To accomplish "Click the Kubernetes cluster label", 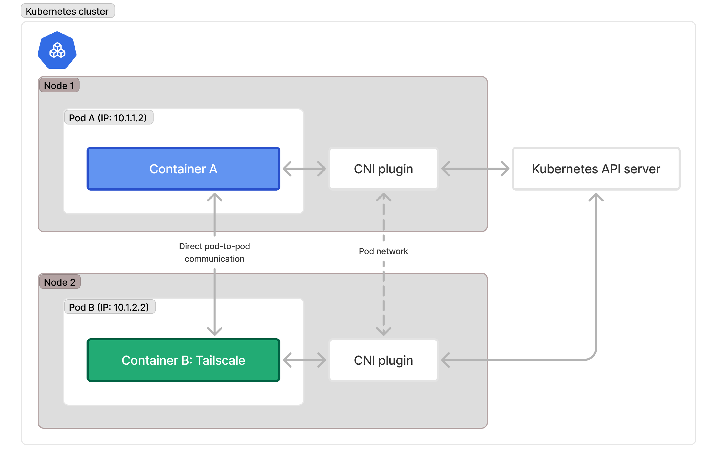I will tap(67, 11).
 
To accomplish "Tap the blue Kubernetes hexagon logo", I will tap(57, 50).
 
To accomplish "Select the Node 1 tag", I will tap(59, 85).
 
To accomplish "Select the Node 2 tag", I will tap(60, 282).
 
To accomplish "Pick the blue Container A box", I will tap(183, 169).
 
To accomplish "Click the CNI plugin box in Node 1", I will tap(383, 169).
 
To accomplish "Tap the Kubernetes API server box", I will tap(596, 169).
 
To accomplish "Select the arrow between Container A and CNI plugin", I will tap(304, 169).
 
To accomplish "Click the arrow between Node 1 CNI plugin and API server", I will tap(475, 169).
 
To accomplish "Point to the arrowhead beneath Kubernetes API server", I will tap(596, 197).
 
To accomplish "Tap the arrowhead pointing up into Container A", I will tap(215, 197).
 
